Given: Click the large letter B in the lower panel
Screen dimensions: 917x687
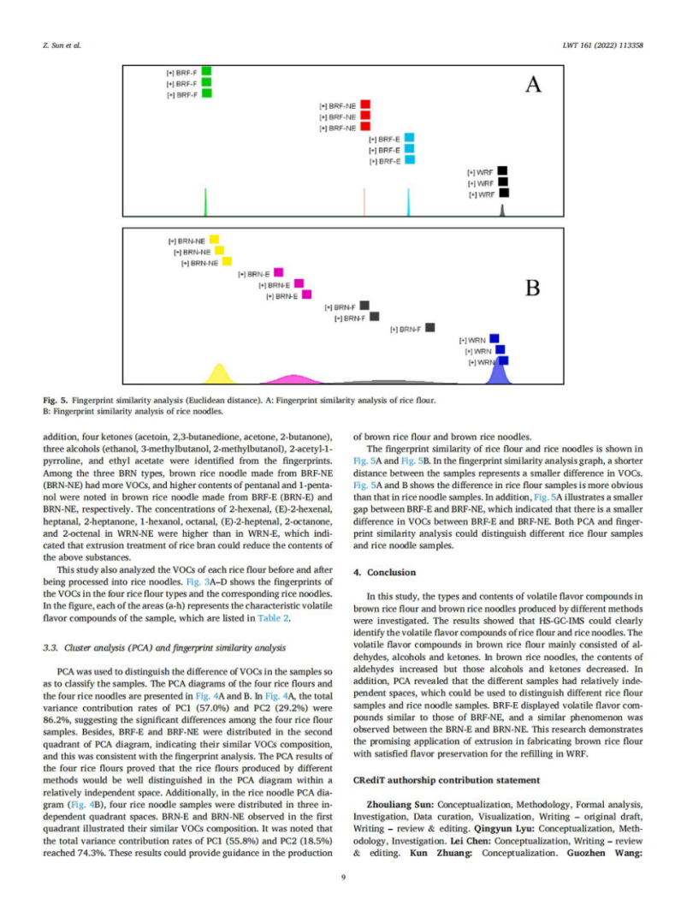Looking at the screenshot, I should tap(532, 287).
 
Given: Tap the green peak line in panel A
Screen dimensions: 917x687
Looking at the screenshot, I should tap(205, 203).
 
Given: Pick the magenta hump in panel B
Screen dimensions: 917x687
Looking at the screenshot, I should tap(286, 379).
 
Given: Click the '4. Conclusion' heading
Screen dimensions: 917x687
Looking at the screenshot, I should tap(385, 571).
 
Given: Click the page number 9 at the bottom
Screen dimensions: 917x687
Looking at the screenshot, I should tap(342, 876).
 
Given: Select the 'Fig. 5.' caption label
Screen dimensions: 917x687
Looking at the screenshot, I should tap(56, 400).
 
